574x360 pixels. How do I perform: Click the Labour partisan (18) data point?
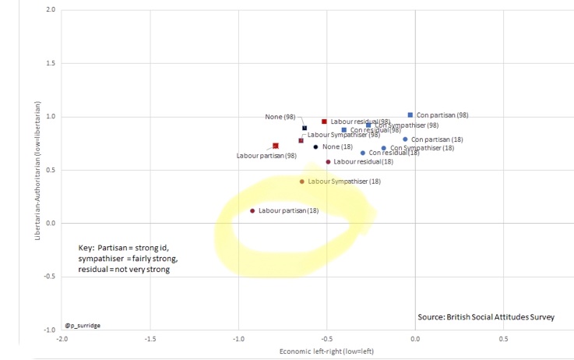pos(252,210)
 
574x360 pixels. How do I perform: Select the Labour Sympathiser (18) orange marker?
pos(302,182)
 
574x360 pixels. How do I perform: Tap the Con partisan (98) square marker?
pos(410,115)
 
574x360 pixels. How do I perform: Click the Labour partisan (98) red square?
pos(276,146)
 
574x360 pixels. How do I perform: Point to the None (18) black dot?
pos(315,146)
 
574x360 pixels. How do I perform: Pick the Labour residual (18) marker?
pos(328,162)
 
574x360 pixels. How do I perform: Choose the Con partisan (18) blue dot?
pos(405,139)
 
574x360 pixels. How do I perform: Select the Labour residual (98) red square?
pos(324,122)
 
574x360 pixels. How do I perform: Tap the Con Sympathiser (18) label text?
pos(421,147)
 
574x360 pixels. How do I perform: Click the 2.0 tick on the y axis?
pos(50,9)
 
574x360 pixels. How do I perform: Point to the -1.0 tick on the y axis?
pos(49,330)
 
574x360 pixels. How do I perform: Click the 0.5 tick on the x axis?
pos(503,339)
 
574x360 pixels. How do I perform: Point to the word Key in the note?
pos(86,246)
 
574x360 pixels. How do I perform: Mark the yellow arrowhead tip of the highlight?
pos(377,212)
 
